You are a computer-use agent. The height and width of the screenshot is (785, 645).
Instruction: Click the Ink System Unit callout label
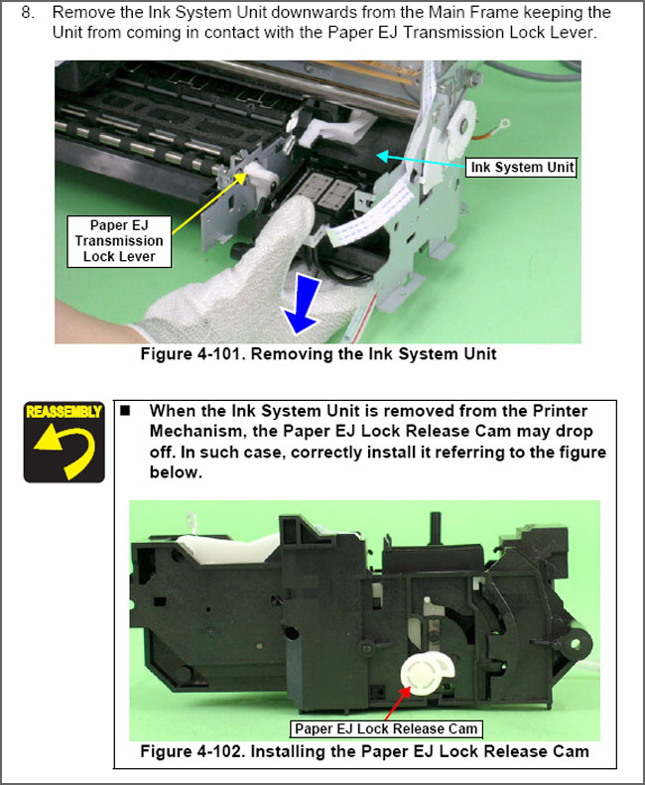[521, 168]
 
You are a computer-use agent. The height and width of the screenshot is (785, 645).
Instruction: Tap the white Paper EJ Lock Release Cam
[423, 678]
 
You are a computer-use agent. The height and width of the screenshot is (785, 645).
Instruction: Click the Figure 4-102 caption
[364, 751]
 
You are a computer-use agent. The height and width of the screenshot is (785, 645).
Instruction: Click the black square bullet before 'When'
[126, 411]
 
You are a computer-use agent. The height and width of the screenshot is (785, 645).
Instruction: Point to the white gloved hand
[218, 268]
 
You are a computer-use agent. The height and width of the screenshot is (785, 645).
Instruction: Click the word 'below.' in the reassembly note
[176, 473]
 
